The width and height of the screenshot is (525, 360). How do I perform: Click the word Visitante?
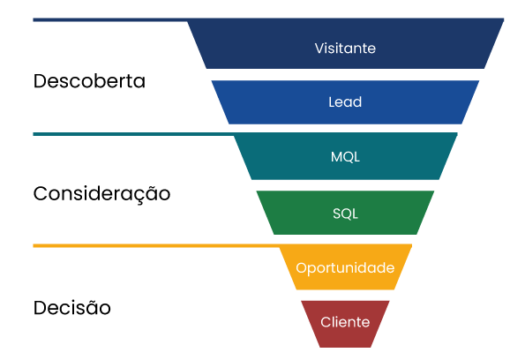pos(345,49)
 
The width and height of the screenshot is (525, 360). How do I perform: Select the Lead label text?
pos(345,102)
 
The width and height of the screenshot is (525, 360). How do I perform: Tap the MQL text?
pos(345,157)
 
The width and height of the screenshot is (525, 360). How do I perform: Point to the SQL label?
pos(345,213)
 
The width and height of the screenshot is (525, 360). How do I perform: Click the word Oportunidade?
pos(345,267)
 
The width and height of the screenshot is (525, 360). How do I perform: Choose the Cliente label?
pos(345,322)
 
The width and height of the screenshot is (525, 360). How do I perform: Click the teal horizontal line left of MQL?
pos(132,134)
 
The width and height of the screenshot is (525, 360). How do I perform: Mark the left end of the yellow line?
pos(34,245)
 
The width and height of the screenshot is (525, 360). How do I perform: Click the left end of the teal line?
pos(34,134)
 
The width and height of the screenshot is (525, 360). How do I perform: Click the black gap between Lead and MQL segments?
pos(345,129)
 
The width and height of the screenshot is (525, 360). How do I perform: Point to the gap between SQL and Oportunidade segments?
pos(345,239)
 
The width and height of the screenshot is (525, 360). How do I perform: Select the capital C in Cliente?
pos(326,322)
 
